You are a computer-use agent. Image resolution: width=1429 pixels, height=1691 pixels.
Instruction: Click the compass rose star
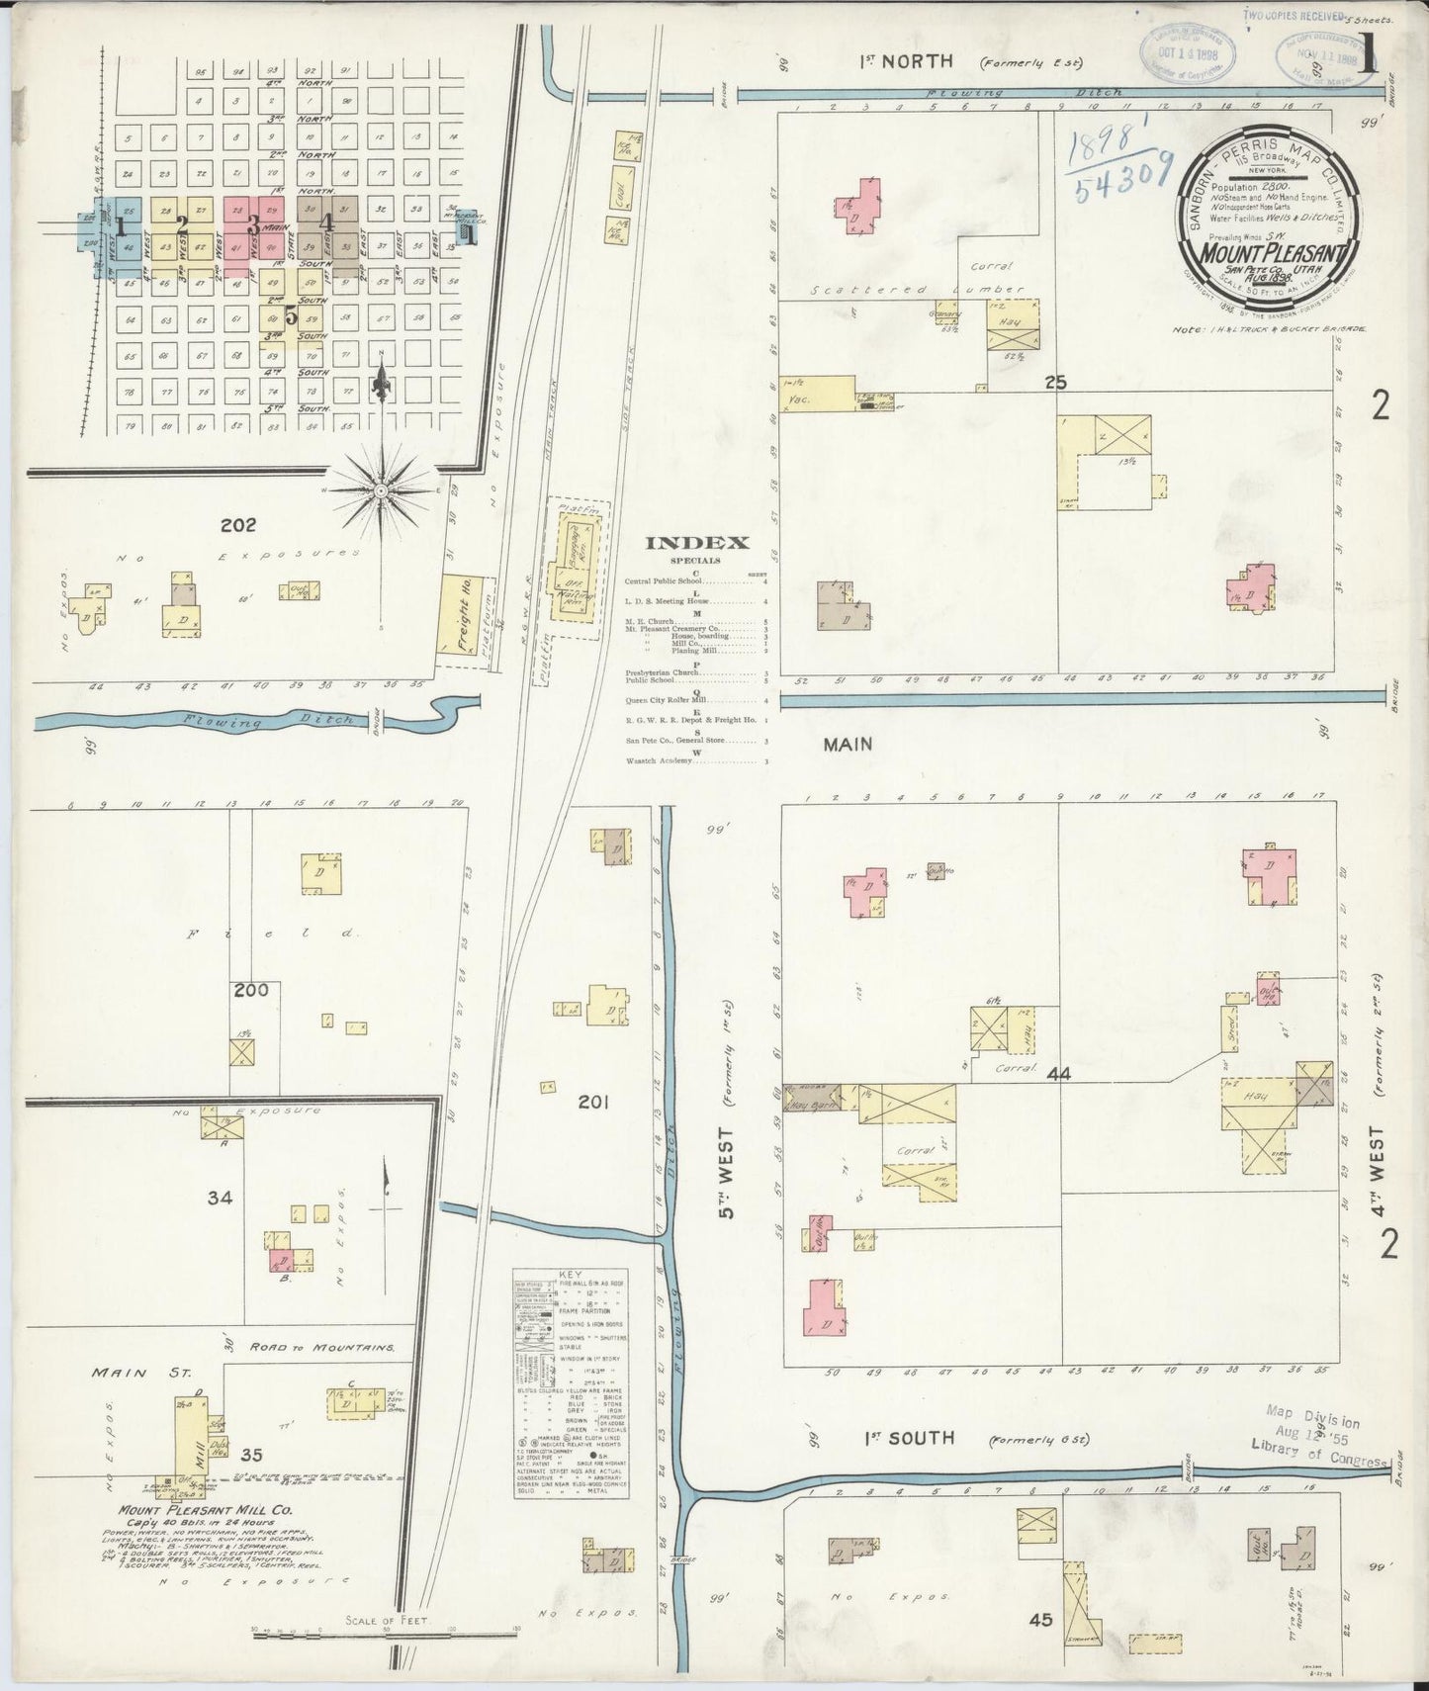point(382,489)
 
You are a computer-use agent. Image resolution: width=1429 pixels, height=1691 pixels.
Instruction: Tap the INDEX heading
point(697,542)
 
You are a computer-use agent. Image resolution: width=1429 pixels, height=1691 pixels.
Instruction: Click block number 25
point(1055,383)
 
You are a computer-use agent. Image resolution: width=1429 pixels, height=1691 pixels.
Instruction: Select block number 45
point(1039,1620)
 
